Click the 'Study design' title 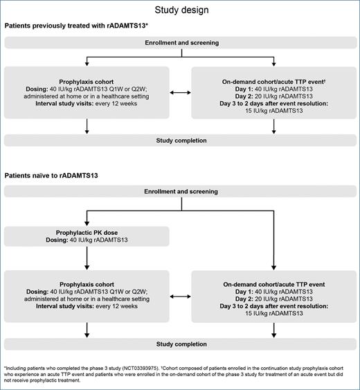point(180,10)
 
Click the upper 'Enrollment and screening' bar point(180,43)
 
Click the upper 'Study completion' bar point(180,141)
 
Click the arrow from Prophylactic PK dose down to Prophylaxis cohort point(87,260)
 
